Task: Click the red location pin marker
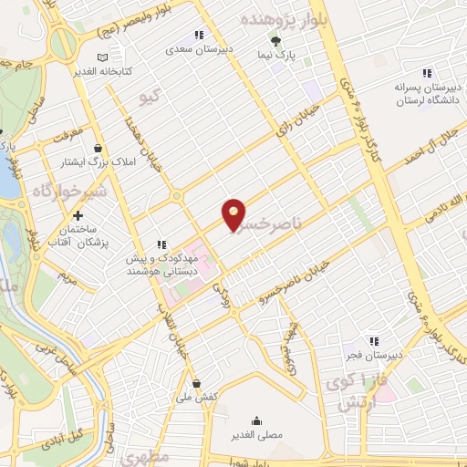tap(233, 215)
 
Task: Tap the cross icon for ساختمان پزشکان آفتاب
tap(78, 216)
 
